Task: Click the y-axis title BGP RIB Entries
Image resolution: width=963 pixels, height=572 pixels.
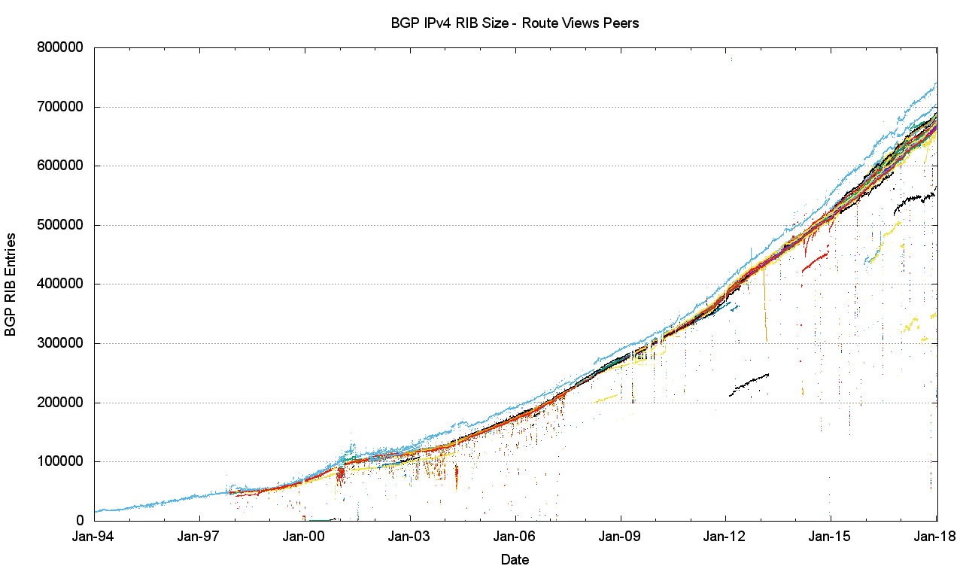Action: pos(11,284)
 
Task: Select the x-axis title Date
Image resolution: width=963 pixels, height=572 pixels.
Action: pos(515,559)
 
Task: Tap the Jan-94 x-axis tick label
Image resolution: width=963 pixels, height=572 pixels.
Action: pos(95,537)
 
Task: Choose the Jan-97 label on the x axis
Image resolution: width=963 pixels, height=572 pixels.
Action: pos(199,537)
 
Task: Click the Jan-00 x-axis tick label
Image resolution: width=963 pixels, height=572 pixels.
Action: pos(305,537)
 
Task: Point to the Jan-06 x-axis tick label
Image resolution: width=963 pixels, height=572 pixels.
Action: pos(515,537)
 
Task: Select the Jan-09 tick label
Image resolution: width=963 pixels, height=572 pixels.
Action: pos(621,537)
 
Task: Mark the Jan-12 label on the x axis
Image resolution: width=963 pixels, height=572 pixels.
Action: pos(726,537)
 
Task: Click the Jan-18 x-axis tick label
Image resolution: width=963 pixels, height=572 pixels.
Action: pos(936,537)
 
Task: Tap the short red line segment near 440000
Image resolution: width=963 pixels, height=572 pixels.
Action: pos(816,260)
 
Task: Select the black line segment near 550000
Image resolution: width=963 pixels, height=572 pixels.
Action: pos(914,199)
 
